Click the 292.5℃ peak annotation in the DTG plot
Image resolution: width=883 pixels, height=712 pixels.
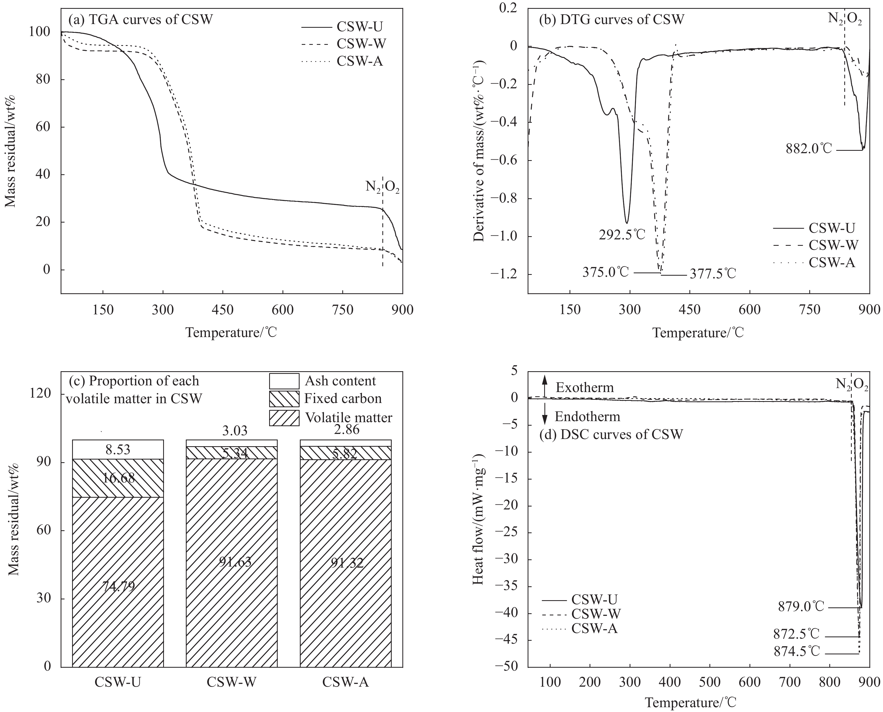point(622,235)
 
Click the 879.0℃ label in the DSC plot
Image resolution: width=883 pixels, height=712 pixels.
point(801,607)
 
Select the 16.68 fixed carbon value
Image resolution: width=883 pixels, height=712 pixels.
point(118,478)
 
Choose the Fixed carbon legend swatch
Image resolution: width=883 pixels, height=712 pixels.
point(284,399)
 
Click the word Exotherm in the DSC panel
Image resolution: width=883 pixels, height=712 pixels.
point(585,387)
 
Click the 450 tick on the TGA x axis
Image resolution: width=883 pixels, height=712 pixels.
point(223,310)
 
